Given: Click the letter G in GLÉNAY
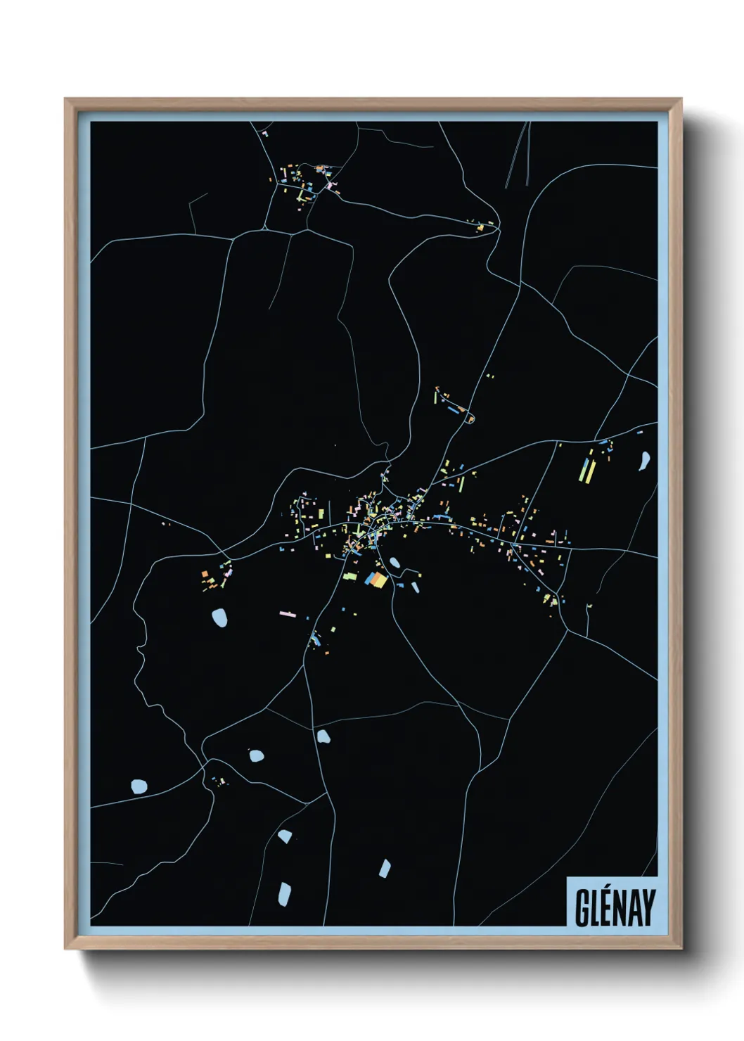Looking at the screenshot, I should click(582, 908).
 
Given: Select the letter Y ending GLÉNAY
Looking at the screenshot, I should click(648, 908).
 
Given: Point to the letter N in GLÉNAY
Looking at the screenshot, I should click(622, 908).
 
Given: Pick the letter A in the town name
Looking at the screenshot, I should click(635, 908).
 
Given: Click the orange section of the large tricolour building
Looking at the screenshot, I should click(380, 580).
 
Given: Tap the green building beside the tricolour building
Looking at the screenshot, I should click(350, 577).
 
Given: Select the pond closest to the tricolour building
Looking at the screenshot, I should click(395, 562).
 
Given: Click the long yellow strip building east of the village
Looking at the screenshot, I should click(582, 471).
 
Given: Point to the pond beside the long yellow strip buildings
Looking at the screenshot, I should click(643, 461).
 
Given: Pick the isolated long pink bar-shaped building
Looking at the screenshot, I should click(288, 613).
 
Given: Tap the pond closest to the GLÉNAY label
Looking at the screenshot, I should click(385, 868).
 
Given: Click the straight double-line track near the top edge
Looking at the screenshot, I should click(518, 155).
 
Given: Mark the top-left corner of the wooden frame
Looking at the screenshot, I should click(65, 99).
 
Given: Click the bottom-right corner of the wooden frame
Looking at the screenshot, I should click(681, 949).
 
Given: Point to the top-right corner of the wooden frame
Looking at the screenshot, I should click(681, 99).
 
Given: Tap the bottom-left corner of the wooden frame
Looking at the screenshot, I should click(65, 949).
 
